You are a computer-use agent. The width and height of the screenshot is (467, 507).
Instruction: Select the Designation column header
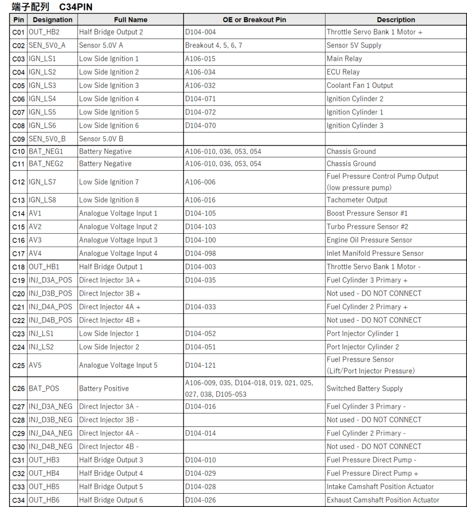(x=52, y=20)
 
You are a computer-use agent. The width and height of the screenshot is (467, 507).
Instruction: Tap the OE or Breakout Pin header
(x=254, y=20)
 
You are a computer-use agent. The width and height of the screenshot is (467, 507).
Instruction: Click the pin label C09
(x=18, y=139)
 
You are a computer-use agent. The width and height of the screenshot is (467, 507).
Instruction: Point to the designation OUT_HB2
(x=44, y=32)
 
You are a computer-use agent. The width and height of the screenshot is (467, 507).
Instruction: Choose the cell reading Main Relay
(x=344, y=58)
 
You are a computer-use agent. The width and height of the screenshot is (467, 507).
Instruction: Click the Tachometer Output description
(x=357, y=200)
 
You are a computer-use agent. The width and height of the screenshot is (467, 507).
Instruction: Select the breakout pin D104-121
(x=200, y=365)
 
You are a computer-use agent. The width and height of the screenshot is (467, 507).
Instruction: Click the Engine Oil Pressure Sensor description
(x=370, y=240)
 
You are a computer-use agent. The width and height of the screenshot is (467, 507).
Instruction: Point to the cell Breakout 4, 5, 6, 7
(x=214, y=46)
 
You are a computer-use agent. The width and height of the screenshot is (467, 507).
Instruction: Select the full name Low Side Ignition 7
(x=109, y=182)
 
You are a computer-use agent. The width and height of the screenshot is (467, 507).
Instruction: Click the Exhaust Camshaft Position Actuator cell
(x=383, y=500)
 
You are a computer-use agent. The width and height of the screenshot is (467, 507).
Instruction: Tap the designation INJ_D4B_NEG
(x=50, y=447)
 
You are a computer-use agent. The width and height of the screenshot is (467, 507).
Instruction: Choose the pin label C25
(x=18, y=365)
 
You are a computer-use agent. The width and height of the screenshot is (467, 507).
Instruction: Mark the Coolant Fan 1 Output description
(x=360, y=85)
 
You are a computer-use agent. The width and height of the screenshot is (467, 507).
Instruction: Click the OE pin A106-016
(x=200, y=200)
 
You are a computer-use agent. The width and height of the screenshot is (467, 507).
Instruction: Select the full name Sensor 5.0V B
(x=101, y=139)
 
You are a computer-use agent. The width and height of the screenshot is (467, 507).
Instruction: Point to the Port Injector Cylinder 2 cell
(x=363, y=347)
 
